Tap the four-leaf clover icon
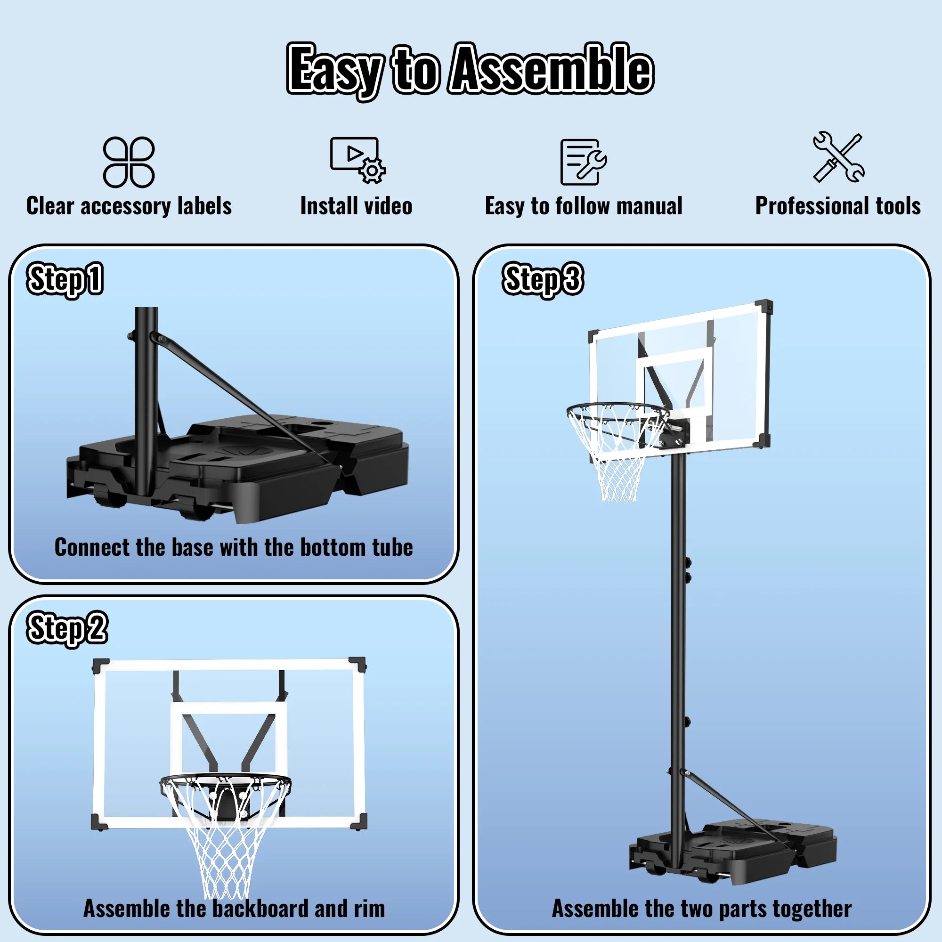pos(129,162)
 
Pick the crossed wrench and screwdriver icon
pos(838,157)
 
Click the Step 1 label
pos(65,279)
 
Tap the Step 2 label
pos(67,628)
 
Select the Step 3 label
pos(542,279)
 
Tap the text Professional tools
pos(837,206)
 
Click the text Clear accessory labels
pos(129,206)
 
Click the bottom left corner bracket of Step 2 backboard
pos(99,821)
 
